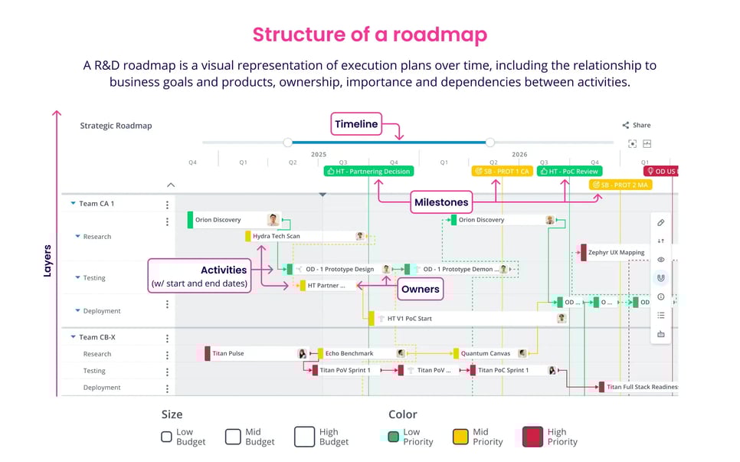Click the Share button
click(x=636, y=125)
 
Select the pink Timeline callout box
click(x=356, y=124)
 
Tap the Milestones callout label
click(x=441, y=202)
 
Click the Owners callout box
click(x=421, y=289)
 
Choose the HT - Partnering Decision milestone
click(x=368, y=172)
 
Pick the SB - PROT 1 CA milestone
click(x=502, y=172)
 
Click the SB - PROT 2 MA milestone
click(x=620, y=185)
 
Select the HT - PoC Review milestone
click(x=569, y=172)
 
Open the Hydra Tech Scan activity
click(x=276, y=236)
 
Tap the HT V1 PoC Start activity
click(x=409, y=319)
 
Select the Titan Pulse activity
click(x=228, y=353)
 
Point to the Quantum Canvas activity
click(x=485, y=353)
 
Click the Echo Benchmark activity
click(x=349, y=353)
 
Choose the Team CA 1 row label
click(x=97, y=204)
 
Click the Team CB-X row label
click(x=97, y=337)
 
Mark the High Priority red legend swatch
click(x=532, y=437)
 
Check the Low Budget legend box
click(x=166, y=437)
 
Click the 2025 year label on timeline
click(x=319, y=154)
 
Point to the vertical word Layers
click(x=47, y=260)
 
